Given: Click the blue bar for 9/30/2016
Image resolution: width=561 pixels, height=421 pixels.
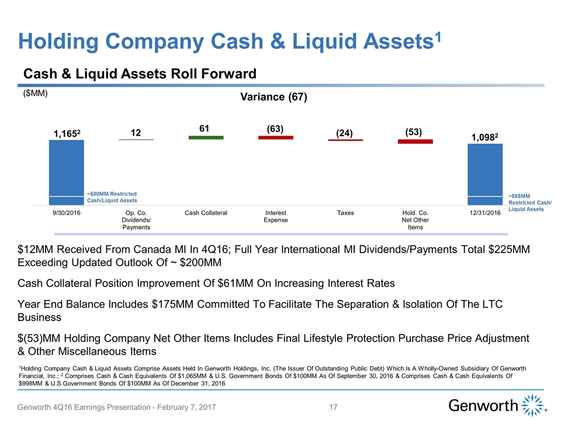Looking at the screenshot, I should [66, 172].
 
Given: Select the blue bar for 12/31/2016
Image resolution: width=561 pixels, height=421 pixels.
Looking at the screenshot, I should [485, 174].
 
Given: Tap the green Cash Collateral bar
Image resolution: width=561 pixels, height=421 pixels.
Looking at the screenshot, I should [206, 137].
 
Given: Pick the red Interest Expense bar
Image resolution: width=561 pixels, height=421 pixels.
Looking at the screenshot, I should [276, 137].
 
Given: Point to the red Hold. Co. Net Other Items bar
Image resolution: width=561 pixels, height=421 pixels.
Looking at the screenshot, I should [415, 141].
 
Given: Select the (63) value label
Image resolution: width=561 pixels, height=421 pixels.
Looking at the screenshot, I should [275, 128].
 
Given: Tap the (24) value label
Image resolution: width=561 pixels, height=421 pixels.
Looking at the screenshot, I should [345, 133].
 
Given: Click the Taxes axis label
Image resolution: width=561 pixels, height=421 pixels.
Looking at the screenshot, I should [345, 213].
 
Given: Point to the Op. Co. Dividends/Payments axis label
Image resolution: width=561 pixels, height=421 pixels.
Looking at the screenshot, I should [136, 219].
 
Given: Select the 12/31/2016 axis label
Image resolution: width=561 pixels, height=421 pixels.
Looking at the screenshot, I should [485, 213].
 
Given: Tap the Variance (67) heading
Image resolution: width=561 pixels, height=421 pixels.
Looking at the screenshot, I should [274, 96].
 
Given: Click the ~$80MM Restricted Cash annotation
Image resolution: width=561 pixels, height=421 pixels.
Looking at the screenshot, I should [112, 197].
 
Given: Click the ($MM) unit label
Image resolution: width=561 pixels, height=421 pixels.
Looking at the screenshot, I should [35, 93].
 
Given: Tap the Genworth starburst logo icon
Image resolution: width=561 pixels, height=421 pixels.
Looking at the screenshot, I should [533, 404].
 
